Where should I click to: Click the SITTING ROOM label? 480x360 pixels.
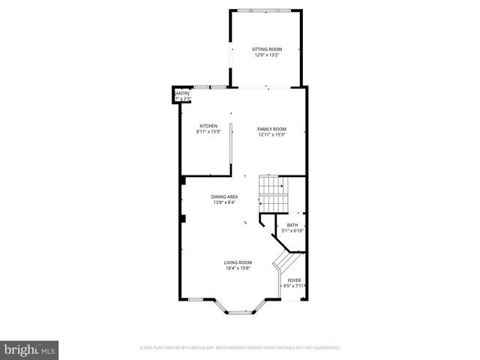266,49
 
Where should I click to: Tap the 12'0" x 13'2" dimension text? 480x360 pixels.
266,55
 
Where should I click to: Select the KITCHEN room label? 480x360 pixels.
208,125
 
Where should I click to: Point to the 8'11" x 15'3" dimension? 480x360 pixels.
208,131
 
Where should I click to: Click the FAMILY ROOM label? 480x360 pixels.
272,129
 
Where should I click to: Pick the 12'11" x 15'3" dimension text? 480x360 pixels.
272,135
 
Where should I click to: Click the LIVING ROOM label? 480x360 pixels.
237,262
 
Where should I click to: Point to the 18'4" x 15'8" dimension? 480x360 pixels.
237,268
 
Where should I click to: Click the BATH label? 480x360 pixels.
292,225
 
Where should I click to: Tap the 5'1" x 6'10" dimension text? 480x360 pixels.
292,231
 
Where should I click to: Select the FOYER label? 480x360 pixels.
293,280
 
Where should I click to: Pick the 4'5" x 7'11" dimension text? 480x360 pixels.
293,286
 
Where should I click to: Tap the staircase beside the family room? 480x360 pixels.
272,193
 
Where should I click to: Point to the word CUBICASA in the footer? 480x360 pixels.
225,348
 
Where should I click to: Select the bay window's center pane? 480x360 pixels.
239,310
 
